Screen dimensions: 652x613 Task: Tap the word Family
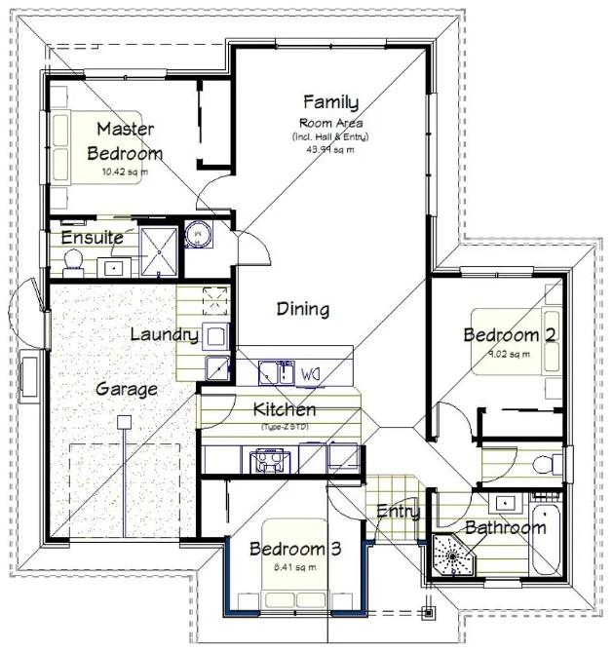pyautogui.click(x=330, y=101)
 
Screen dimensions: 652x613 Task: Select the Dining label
pyautogui.click(x=302, y=309)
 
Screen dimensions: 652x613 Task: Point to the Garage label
pyautogui.click(x=127, y=389)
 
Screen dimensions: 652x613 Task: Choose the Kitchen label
pyautogui.click(x=284, y=409)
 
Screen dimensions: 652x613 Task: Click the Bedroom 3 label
pyautogui.click(x=295, y=550)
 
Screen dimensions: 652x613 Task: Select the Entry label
pyautogui.click(x=398, y=512)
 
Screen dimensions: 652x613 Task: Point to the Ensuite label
pyautogui.click(x=92, y=237)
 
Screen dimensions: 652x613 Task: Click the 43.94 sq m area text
pyautogui.click(x=329, y=150)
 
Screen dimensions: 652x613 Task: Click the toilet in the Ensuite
pyautogui.click(x=72, y=259)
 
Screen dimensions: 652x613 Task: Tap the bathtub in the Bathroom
pyautogui.click(x=545, y=542)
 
